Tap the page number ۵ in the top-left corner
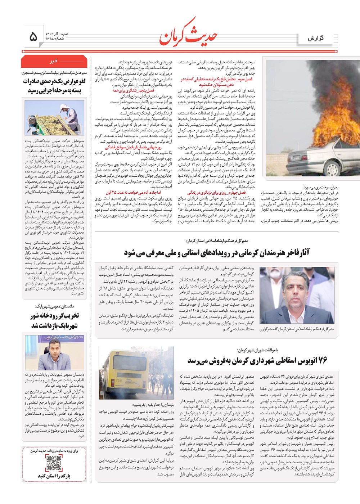click(x=33, y=36)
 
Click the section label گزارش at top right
click(x=315, y=38)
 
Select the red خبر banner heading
click(x=54, y=61)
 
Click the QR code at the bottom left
click(x=54, y=463)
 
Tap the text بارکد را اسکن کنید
click(x=54, y=476)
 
